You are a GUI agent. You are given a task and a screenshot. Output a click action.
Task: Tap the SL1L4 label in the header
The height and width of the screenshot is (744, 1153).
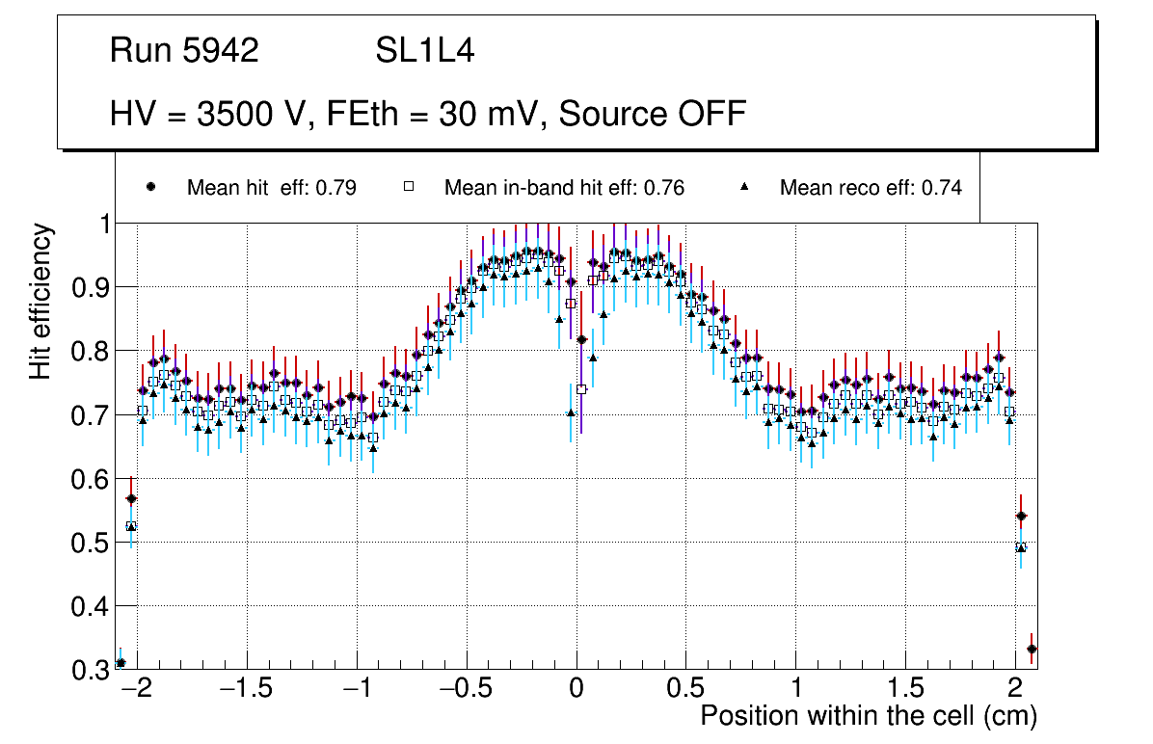tap(424, 51)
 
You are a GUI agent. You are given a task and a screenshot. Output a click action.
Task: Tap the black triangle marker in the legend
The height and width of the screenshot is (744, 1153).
tap(744, 188)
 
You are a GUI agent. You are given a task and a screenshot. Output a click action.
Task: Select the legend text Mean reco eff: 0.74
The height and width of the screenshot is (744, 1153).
tap(871, 188)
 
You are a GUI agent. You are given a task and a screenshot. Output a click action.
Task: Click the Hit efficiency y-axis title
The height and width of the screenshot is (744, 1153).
tap(41, 301)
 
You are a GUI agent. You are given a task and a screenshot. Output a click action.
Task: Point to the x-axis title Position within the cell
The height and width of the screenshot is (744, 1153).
tap(868, 716)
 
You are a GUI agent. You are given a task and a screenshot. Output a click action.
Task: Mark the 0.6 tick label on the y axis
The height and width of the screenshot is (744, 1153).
tap(91, 479)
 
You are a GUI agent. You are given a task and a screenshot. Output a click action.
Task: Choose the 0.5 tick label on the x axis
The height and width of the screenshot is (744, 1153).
tap(686, 690)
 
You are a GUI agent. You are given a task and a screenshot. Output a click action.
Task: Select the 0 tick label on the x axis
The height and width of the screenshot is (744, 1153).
tap(576, 690)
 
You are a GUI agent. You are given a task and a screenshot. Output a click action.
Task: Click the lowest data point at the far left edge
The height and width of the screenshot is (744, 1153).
tap(121, 662)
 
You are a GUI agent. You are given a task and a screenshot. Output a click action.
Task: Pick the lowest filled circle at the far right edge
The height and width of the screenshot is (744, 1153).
tap(1032, 649)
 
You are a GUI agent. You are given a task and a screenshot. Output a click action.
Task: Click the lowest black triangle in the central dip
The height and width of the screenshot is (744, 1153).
tap(571, 412)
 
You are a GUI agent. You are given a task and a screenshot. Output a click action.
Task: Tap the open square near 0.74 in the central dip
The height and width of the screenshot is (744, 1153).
tap(581, 389)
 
